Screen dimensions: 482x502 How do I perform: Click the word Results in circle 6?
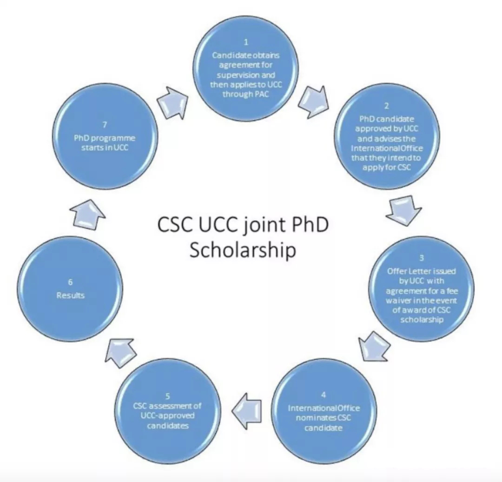pyautogui.click(x=70, y=295)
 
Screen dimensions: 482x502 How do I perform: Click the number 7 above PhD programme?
pyautogui.click(x=105, y=125)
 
